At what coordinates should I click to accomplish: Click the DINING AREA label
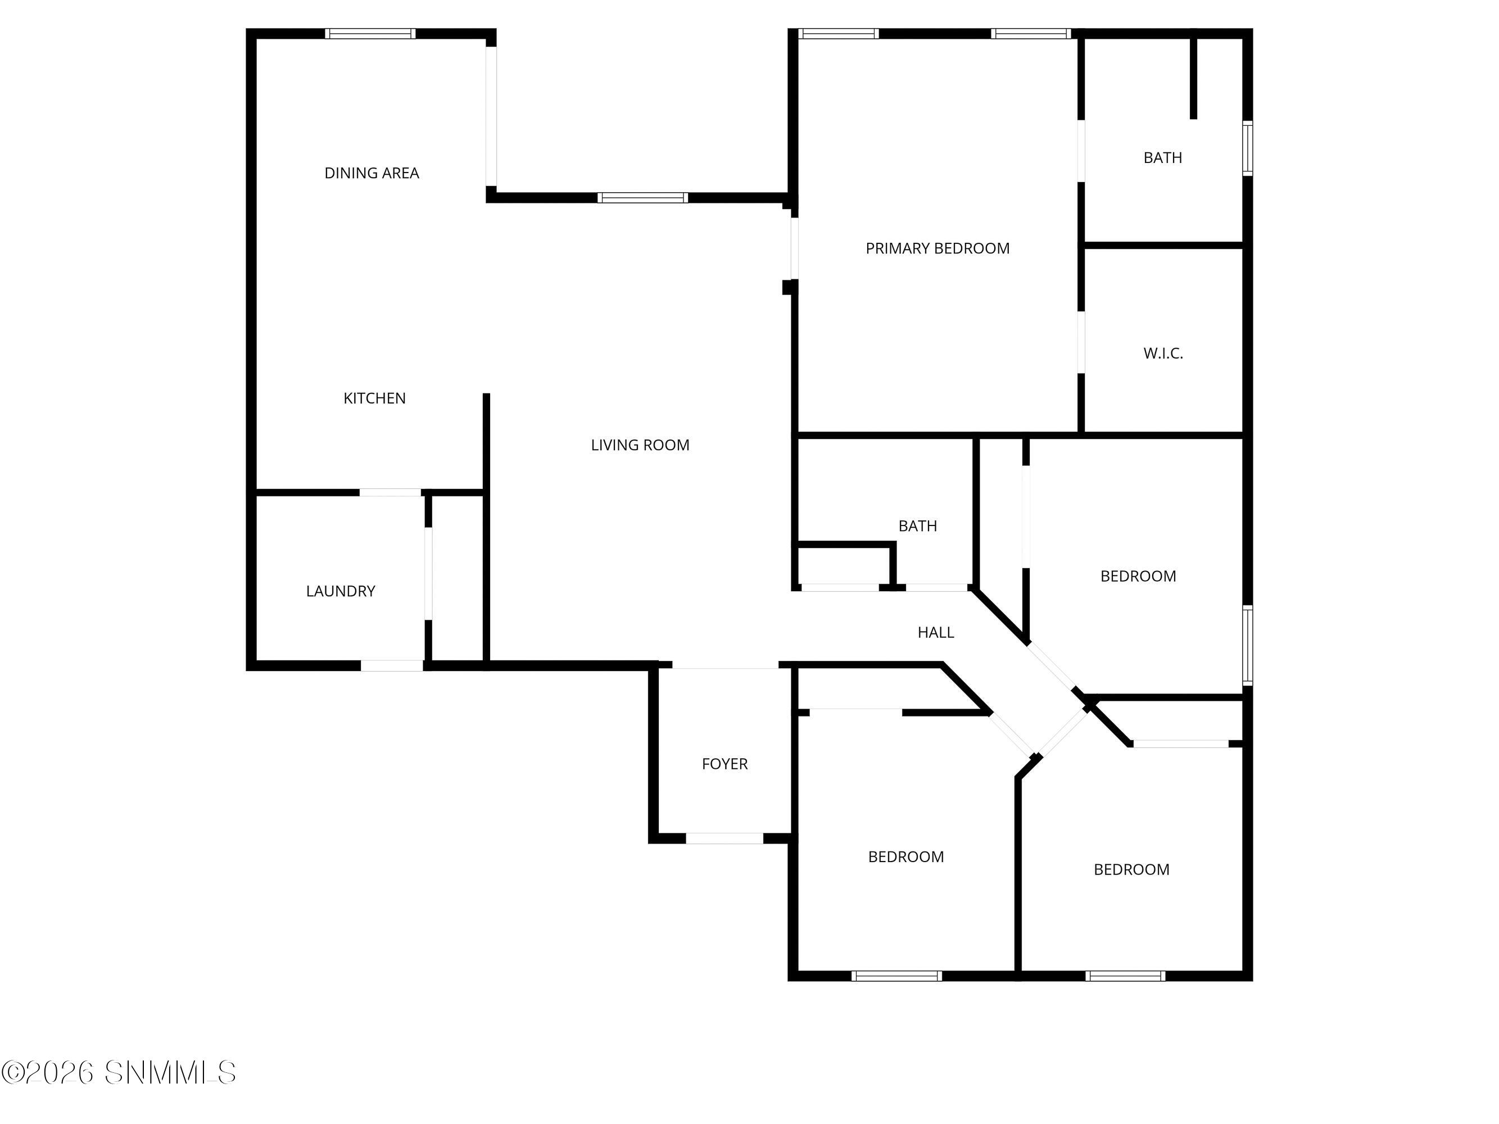372,173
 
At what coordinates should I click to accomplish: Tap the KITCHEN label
374,398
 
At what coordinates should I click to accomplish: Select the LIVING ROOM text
640,445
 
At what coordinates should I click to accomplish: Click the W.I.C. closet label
1163,353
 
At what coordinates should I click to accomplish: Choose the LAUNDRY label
340,591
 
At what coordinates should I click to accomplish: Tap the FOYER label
724,764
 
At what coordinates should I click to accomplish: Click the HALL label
936,633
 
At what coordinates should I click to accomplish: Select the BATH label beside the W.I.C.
1163,158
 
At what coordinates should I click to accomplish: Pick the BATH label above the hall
918,526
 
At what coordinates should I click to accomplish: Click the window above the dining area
370,34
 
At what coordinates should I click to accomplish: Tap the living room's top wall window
642,198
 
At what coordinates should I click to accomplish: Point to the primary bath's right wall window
1248,148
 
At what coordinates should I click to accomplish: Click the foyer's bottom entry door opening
724,838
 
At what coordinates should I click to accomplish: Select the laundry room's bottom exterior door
392,666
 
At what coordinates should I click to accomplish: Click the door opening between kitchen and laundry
390,492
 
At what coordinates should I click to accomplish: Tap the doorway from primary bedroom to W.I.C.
1081,342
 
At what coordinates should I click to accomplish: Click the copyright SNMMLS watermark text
119,1072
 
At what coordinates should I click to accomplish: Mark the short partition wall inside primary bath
1193,78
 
